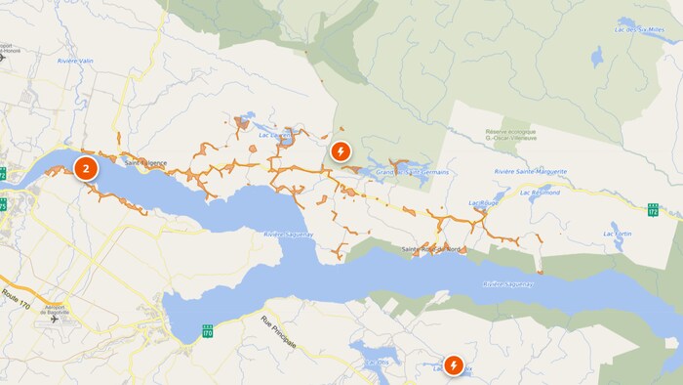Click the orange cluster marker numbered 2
pyautogui.click(x=87, y=168)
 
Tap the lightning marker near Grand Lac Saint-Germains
pyautogui.click(x=340, y=151)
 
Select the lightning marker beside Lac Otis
pyautogui.click(x=454, y=365)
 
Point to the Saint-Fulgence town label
pyautogui.click(x=146, y=162)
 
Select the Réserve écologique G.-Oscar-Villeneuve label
pyautogui.click(x=508, y=136)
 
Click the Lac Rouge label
pyautogui.click(x=482, y=203)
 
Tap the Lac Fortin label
pyautogui.click(x=618, y=235)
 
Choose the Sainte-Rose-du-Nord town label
pyautogui.click(x=431, y=249)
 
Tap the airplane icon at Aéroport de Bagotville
pyautogui.click(x=52, y=319)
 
